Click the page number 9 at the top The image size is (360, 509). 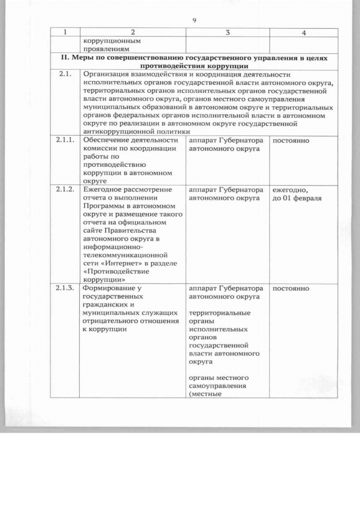coord(193,21)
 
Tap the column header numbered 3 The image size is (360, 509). coord(227,33)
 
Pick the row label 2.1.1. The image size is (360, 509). coord(66,139)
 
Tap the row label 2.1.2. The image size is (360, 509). coord(66,190)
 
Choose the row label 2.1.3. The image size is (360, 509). coord(66,289)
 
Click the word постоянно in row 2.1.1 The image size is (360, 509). coord(291,139)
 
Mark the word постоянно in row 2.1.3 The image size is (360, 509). coord(291,289)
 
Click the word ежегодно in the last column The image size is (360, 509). coord(290,190)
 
